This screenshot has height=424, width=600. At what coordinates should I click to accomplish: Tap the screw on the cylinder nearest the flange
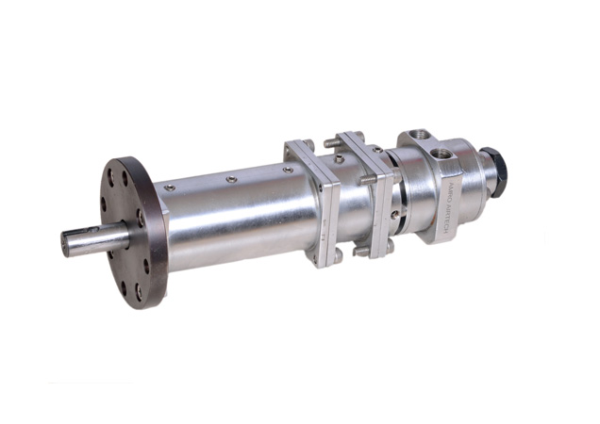[x=169, y=188]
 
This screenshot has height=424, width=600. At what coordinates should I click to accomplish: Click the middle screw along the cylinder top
[x=229, y=178]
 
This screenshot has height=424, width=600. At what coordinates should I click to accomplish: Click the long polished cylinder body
[x=236, y=217]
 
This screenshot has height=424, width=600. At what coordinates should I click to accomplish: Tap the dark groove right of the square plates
[x=400, y=203]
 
